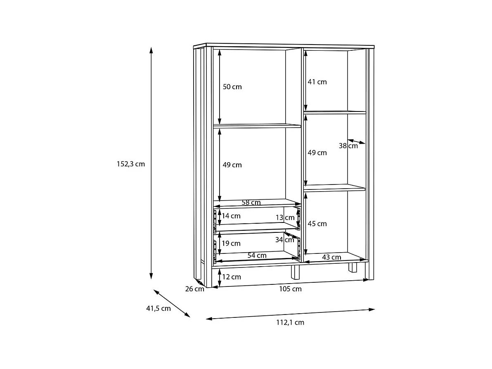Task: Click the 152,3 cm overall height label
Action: click(x=131, y=164)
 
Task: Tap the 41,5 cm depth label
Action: click(x=158, y=308)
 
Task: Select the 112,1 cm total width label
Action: click(x=290, y=322)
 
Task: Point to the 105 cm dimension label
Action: click(x=290, y=289)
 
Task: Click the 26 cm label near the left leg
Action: click(x=194, y=289)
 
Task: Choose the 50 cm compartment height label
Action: click(x=232, y=87)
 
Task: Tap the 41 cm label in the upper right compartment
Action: click(x=317, y=82)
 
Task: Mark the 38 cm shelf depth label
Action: click(x=348, y=146)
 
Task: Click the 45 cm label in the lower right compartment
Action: click(x=317, y=224)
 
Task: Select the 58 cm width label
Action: click(x=251, y=202)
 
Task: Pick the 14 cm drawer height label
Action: click(x=231, y=216)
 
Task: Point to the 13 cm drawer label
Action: click(x=285, y=218)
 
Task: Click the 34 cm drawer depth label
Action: click(x=285, y=240)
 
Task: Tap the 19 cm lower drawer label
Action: click(x=231, y=243)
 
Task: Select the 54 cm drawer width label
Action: click(x=257, y=255)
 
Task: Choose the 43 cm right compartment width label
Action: click(x=332, y=257)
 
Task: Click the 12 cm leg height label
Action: click(x=231, y=277)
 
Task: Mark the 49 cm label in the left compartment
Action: click(x=232, y=165)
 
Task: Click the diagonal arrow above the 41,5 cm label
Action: click(x=172, y=303)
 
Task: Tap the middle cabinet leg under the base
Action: click(x=295, y=272)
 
